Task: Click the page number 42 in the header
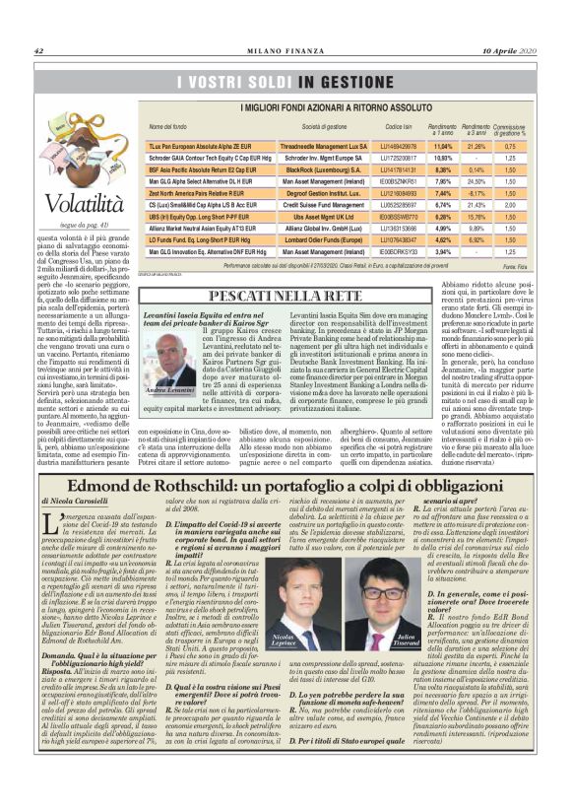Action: click(x=38, y=51)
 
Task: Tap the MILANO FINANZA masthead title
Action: click(x=285, y=51)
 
